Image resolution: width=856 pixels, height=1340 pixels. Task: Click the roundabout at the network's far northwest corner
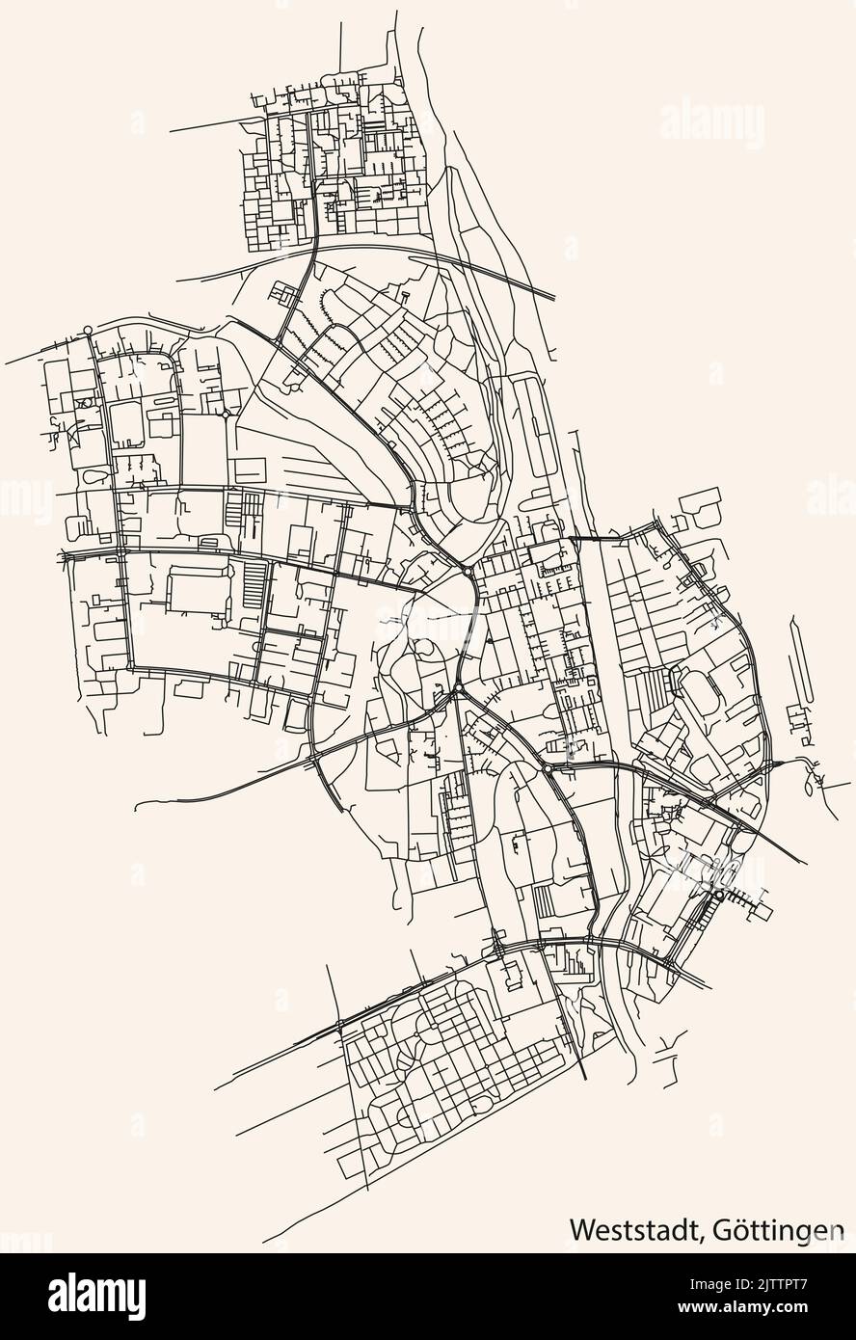[88, 331]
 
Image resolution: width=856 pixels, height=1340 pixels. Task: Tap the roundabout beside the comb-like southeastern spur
[718, 896]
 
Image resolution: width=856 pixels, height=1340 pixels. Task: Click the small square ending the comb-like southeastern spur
[765, 908]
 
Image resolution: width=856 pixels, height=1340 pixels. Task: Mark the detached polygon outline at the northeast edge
[701, 502]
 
